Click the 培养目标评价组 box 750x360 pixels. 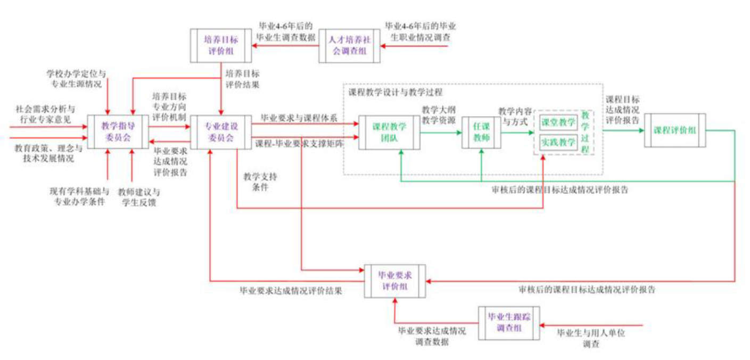[x=221, y=46]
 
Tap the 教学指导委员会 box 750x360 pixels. [x=118, y=132]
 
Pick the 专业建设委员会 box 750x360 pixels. [x=220, y=132]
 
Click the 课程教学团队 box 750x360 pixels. [x=389, y=132]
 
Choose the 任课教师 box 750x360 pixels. [x=481, y=132]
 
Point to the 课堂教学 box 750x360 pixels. [x=558, y=122]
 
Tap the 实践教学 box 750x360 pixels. [x=558, y=142]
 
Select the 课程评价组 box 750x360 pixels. [x=674, y=130]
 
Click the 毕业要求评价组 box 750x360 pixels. [x=394, y=280]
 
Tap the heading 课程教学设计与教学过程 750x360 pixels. [x=395, y=92]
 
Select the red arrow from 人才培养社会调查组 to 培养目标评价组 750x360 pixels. [x=285, y=46]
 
